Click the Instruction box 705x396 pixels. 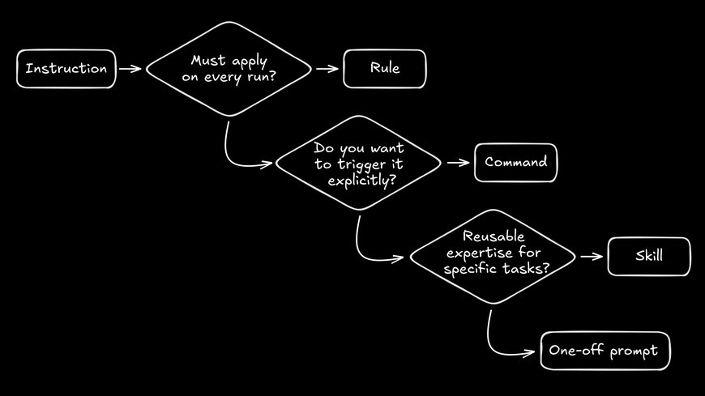(66, 69)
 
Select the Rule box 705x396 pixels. (384, 69)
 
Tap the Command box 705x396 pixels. (515, 162)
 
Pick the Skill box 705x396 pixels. (648, 256)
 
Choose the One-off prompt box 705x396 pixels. (605, 351)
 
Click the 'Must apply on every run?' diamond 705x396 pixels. (229, 69)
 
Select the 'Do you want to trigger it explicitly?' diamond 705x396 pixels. (359, 162)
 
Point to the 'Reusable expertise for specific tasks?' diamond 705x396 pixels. (493, 256)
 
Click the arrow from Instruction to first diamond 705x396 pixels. (130, 69)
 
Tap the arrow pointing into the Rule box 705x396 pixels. (327, 69)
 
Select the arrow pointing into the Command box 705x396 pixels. (458, 162)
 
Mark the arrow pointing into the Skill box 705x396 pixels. (592, 257)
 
